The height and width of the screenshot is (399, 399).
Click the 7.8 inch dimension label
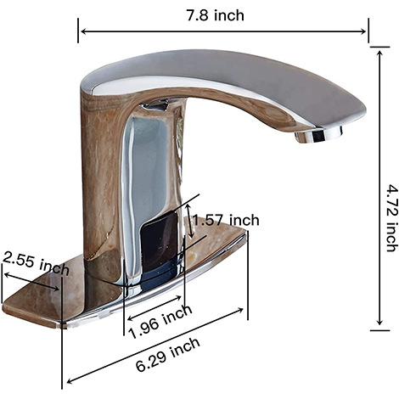coord(215,15)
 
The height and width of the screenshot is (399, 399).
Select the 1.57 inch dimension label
coord(227,220)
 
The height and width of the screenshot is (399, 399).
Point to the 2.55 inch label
coord(36,263)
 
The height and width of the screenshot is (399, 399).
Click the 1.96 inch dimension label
coord(160,322)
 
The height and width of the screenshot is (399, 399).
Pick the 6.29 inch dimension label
coord(168,355)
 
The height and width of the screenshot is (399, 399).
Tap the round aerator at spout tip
coord(318,135)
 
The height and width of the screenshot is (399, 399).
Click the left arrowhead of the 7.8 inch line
coord(83,31)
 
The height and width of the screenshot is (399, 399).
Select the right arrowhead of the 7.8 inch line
coord(363,31)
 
